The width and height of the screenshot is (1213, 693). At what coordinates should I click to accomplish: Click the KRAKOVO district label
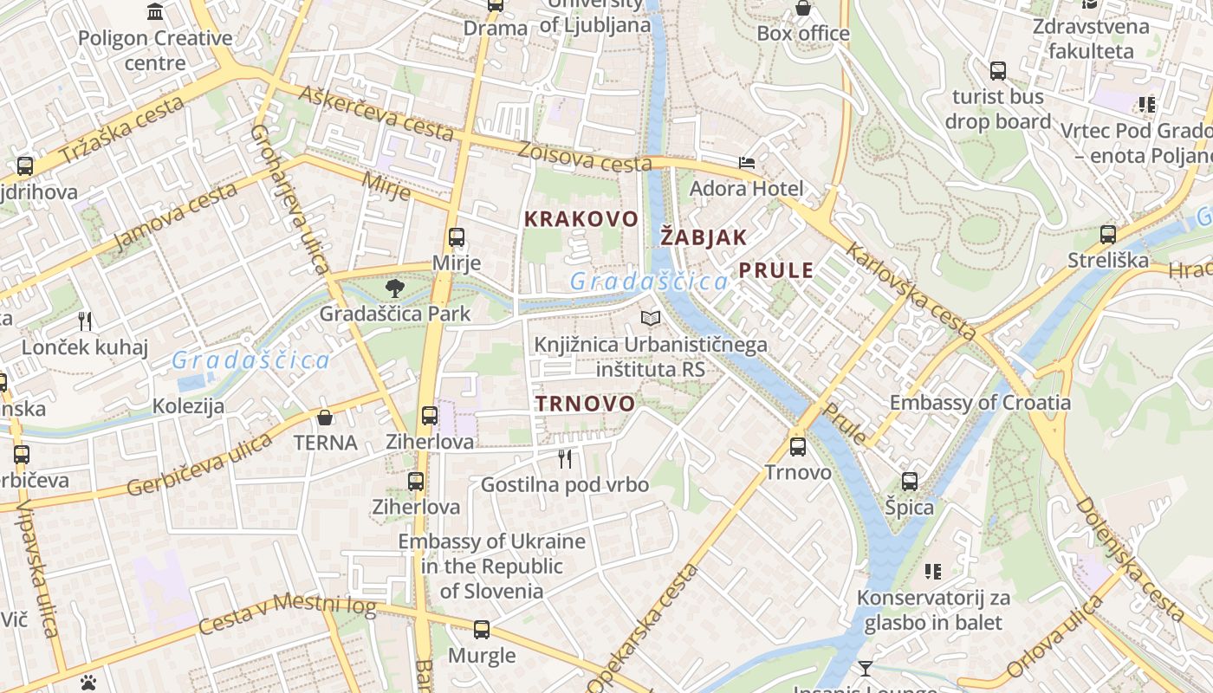(581, 219)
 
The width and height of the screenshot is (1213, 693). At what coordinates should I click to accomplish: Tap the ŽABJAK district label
(704, 237)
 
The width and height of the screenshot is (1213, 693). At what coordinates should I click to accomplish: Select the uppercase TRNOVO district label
(585, 404)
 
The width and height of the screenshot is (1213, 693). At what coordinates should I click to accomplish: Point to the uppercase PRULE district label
(776, 270)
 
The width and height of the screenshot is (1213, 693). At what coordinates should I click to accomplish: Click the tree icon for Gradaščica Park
(395, 288)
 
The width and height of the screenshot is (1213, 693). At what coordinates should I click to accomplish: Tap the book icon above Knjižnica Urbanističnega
(650, 320)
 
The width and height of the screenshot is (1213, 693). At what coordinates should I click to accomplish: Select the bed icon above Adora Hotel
(746, 163)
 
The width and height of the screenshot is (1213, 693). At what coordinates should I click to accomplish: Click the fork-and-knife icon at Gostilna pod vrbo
(565, 458)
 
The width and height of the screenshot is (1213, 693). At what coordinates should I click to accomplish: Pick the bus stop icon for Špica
(909, 482)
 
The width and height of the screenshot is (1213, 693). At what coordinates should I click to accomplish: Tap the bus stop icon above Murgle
(482, 630)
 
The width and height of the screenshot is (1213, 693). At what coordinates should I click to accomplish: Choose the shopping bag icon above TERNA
(325, 418)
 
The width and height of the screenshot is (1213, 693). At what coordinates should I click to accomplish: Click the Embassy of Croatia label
(980, 403)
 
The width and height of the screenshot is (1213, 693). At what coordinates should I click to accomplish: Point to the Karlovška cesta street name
(911, 291)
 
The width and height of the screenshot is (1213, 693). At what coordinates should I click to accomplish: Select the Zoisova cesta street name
(584, 157)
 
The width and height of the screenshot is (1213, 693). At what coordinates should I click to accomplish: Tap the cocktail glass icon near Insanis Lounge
(865, 668)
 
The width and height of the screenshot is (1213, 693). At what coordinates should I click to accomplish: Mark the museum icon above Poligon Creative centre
(155, 12)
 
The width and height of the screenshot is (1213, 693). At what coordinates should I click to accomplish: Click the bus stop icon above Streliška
(1107, 234)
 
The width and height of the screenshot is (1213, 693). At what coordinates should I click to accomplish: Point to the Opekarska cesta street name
(643, 628)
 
